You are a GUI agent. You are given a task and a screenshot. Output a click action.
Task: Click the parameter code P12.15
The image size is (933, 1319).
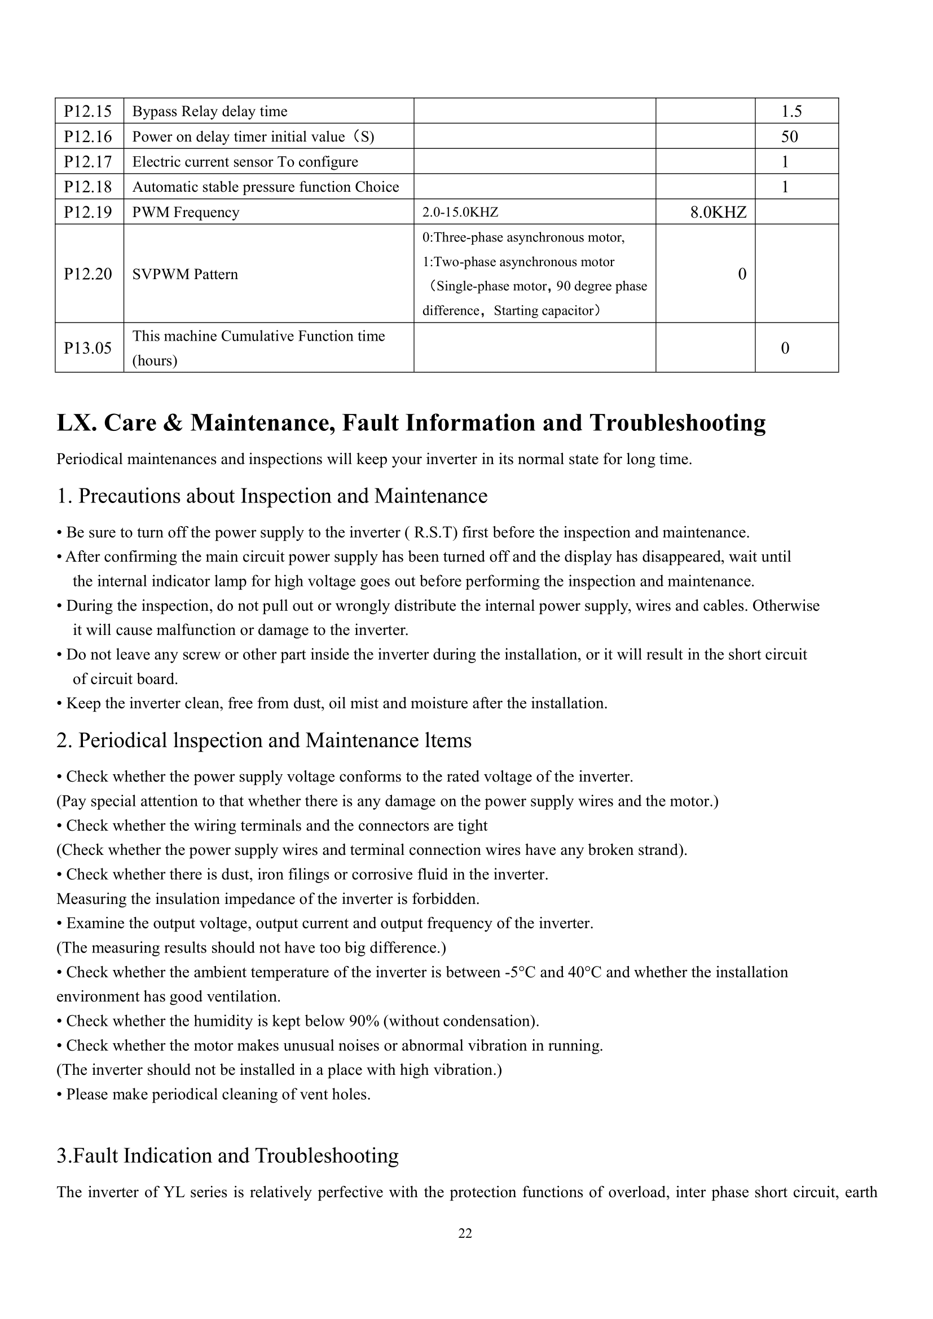pos(88,111)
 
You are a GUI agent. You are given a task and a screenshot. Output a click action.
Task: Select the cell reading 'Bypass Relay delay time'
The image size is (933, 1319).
pos(210,112)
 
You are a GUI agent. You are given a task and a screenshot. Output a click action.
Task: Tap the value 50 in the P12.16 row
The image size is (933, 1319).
pos(789,136)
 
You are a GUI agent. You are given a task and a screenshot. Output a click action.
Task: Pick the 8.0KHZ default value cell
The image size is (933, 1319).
pos(718,213)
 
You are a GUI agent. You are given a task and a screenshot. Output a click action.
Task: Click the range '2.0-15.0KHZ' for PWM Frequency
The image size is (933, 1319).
pos(460,213)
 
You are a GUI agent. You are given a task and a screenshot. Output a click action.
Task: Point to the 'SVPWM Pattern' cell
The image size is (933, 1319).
pos(185,274)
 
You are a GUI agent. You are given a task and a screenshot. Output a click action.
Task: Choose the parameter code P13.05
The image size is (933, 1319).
pos(88,348)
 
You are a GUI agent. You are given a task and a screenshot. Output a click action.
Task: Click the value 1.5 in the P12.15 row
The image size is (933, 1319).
pos(791,112)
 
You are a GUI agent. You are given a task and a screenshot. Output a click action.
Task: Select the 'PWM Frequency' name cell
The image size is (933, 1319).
pos(186,213)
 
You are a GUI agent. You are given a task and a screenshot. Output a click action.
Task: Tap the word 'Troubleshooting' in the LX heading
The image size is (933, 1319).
pos(677,423)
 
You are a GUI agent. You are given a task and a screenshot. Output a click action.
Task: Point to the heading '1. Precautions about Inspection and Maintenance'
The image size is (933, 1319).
pos(272,496)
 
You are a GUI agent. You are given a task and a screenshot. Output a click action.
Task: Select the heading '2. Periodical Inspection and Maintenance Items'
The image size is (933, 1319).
pos(263,740)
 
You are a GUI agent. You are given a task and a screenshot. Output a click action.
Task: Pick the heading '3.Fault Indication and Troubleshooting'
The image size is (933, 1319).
pos(227,1155)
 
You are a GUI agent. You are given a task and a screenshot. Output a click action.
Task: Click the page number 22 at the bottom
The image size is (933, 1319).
pos(465,1233)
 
